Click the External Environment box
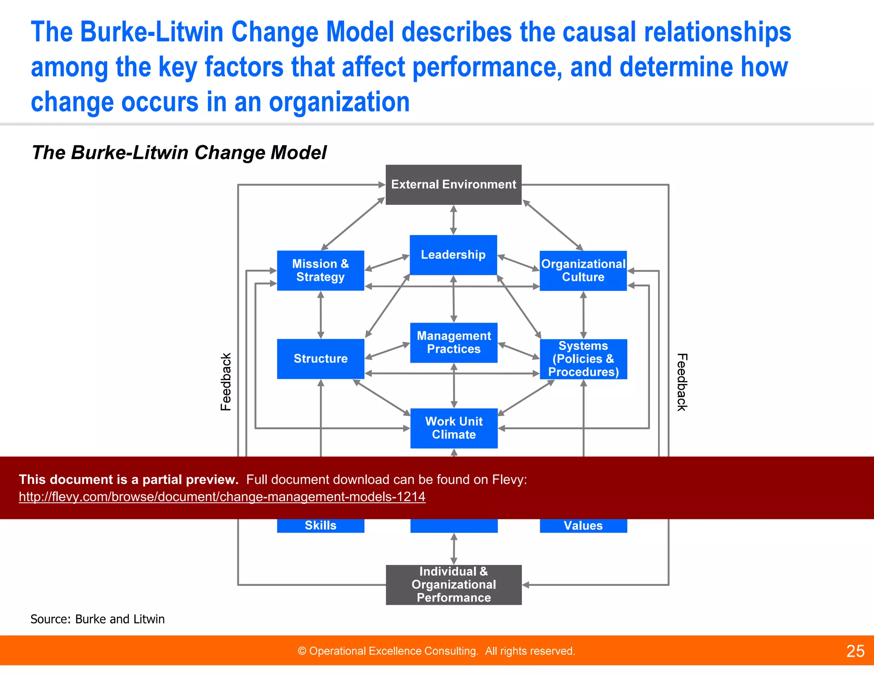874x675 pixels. point(453,184)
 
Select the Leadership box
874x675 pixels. point(453,255)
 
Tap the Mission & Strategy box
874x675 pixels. point(320,271)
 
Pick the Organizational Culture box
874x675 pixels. point(583,271)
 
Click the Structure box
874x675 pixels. point(320,358)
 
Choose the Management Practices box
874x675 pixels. point(454,343)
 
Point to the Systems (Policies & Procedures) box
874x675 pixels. point(583,359)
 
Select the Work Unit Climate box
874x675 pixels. point(454,428)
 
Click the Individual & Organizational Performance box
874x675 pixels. point(454,585)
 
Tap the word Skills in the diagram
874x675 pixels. point(320,526)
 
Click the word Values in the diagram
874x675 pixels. point(583,526)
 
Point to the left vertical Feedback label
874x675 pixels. point(226,382)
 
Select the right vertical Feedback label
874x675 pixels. point(682,382)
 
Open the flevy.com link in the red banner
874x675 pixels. point(222,497)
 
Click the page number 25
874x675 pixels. point(855,651)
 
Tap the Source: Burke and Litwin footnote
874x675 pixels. point(97,619)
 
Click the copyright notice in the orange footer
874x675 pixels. point(436,651)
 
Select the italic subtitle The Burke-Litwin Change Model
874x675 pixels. point(179,153)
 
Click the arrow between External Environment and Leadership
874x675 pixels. point(454,220)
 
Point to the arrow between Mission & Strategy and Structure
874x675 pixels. point(321,315)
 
